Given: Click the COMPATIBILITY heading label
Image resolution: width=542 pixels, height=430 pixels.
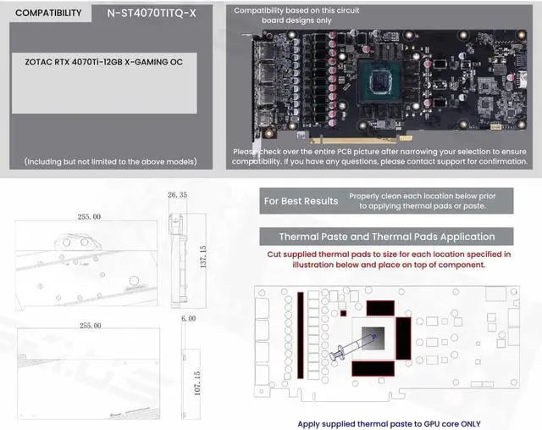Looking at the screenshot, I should tap(49, 14).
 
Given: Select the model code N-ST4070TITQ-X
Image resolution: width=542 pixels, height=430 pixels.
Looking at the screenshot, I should tap(152, 14).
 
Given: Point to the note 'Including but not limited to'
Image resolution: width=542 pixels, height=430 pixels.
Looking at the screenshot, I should tap(111, 161).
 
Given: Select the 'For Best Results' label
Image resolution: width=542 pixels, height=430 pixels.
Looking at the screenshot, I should tap(301, 201).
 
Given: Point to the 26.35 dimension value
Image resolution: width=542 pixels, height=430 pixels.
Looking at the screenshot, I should tap(177, 195).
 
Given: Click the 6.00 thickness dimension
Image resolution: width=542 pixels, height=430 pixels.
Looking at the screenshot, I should tap(188, 318).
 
